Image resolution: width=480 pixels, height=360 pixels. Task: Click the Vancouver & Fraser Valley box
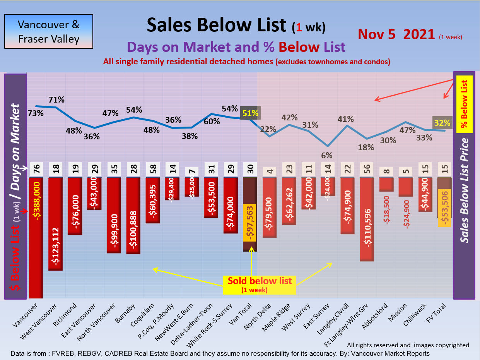point(49,31)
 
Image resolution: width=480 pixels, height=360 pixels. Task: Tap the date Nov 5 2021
point(396,34)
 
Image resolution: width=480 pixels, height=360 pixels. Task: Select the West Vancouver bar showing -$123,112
point(55,223)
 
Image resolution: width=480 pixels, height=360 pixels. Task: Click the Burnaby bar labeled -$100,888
point(133,215)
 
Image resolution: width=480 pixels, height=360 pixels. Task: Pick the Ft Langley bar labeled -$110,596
point(367,219)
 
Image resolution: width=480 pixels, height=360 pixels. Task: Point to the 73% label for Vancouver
point(36,113)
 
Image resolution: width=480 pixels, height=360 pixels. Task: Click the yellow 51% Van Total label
point(250,113)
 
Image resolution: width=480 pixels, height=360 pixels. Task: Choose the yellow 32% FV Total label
point(442,123)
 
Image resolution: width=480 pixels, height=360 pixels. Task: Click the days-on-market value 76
point(36,170)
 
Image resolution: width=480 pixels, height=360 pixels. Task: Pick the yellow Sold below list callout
point(260,285)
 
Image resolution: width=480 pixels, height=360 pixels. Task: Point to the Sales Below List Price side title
point(464,190)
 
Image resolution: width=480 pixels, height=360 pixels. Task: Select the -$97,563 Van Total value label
point(250,223)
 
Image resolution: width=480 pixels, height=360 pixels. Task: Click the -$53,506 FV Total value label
point(444,208)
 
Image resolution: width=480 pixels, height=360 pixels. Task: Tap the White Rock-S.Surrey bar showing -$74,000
point(231,205)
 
